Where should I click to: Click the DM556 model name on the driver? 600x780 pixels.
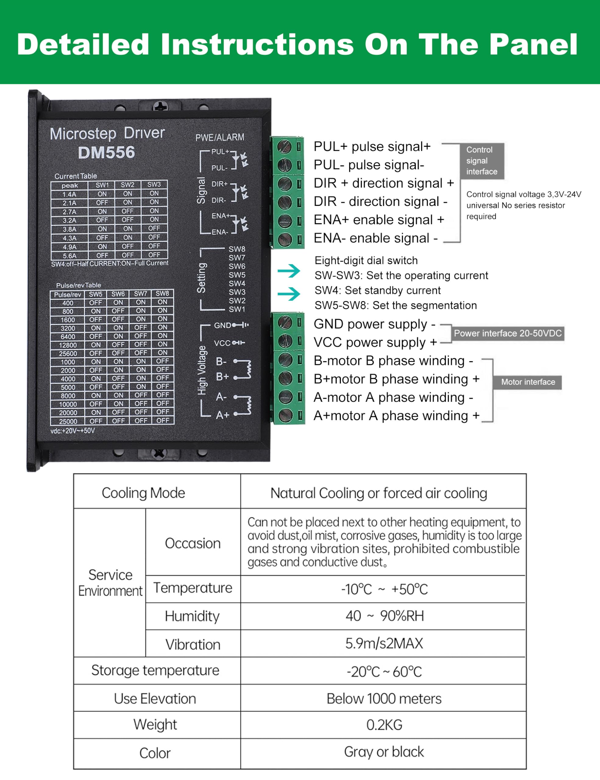tap(106, 153)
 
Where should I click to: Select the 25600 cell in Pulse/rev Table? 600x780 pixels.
tap(68, 353)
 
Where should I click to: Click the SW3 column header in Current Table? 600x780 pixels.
tap(154, 185)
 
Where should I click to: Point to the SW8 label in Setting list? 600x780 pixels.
tap(237, 249)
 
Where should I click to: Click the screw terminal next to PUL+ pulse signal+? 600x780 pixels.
tap(285, 147)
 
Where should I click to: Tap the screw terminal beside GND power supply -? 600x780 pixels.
tap(285, 323)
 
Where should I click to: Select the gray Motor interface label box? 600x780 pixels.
tap(528, 382)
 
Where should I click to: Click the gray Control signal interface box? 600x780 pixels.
tap(481, 161)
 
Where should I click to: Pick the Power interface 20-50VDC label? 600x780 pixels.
tap(507, 333)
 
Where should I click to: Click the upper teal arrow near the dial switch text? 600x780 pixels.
tap(289, 271)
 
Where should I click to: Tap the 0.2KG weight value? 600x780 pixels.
tap(384, 725)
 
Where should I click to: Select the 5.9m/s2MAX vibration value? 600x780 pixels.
tap(384, 643)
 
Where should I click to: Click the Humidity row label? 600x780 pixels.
tap(192, 616)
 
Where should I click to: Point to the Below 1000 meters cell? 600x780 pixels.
tap(384, 699)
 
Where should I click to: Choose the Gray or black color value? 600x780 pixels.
tap(384, 752)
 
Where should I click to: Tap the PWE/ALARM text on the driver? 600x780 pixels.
tap(220, 137)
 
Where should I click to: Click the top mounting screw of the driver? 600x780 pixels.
tap(160, 106)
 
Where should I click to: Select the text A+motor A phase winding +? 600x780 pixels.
tap(396, 416)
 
